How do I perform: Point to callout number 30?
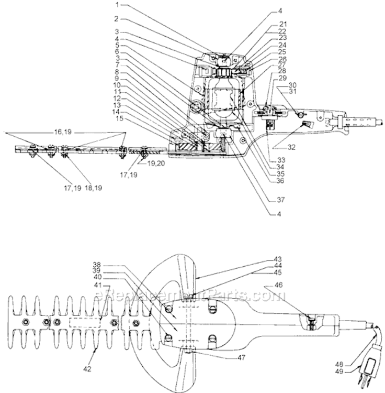[x=292, y=84]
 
